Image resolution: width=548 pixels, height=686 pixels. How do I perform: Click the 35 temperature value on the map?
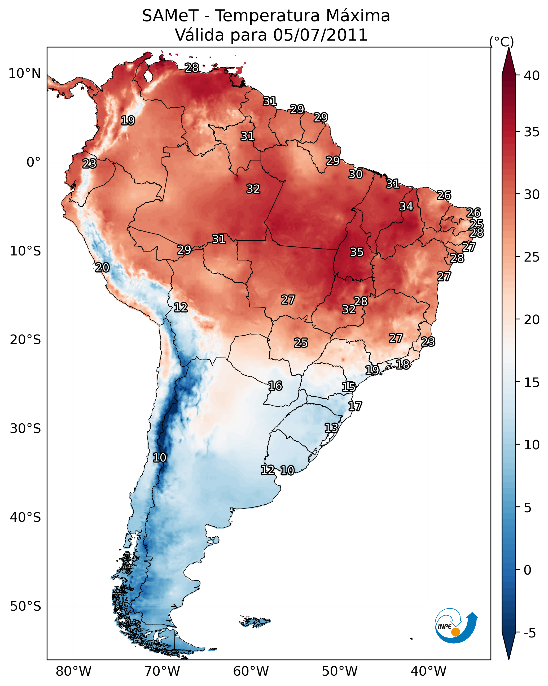pos(357,252)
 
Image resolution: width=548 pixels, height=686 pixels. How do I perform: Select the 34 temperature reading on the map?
pos(406,206)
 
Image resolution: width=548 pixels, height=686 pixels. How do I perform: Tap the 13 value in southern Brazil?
pos(331,428)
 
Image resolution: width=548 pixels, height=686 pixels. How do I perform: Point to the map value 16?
pos(275,386)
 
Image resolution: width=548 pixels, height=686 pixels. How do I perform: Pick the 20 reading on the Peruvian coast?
pos(102,268)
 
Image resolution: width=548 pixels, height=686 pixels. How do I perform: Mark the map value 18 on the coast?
pos(402,364)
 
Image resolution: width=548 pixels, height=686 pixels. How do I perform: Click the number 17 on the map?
pos(355,406)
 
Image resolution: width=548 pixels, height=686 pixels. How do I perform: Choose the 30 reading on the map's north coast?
pos(355,174)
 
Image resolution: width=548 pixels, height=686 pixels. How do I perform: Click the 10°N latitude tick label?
pos(24,73)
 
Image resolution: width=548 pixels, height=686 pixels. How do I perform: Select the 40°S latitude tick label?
pos(25,518)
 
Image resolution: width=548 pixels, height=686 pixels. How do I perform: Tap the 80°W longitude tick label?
pos(73,671)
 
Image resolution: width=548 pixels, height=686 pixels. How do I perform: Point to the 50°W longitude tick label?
pos(340,671)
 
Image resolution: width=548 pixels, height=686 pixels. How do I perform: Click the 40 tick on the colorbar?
pos(532,76)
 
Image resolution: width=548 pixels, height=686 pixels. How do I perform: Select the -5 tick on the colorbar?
pos(530,633)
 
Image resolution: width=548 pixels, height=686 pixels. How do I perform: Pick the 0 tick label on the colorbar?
pos(527,570)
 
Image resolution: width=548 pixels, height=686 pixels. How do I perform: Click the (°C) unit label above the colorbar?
pos(501,42)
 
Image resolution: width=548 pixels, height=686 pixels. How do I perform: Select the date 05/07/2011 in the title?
pos(320,35)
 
